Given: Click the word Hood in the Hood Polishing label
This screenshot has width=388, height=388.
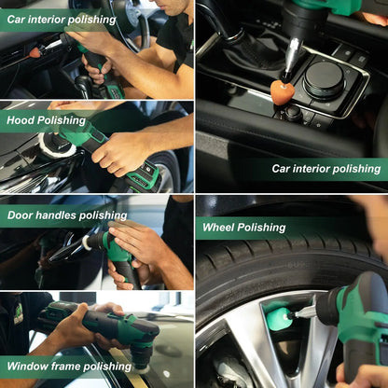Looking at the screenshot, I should (x=21, y=120).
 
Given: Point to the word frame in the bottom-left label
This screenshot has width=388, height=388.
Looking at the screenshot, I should (x=71, y=367).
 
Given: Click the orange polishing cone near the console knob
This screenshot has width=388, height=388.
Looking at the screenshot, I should (x=282, y=90).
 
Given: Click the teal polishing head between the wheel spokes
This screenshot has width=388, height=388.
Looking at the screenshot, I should (x=280, y=318).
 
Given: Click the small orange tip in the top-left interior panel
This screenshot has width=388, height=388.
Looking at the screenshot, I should (x=35, y=52).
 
